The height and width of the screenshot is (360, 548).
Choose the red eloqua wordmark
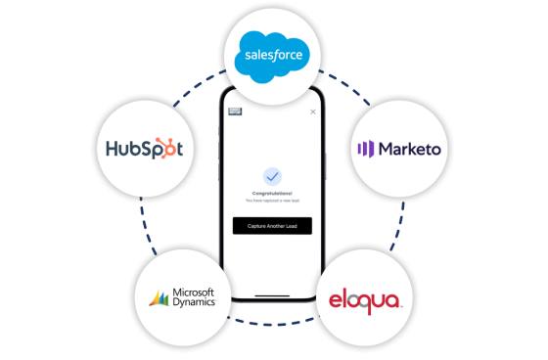tap(365, 298)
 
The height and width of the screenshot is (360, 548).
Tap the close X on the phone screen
tap(312, 112)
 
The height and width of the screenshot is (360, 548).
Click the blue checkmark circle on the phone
tap(272, 177)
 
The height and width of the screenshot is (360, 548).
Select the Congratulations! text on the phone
tap(272, 194)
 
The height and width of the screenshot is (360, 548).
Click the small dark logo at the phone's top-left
tap(234, 112)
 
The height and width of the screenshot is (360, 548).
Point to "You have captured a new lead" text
tap(272, 201)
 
